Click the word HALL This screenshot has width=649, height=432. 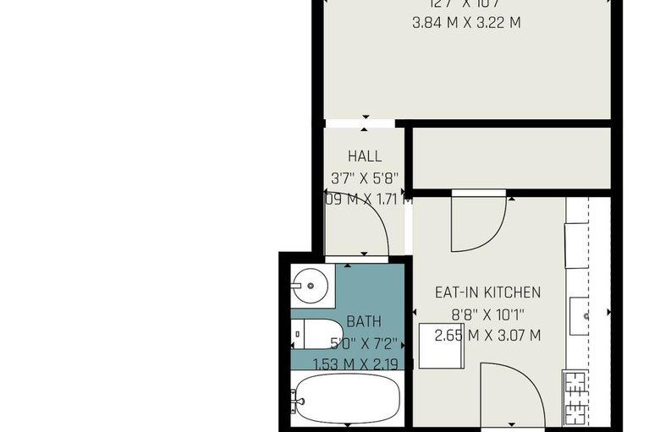pos(365,156)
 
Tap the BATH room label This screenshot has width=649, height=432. pos(364,321)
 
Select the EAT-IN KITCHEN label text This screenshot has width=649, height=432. pos(487,293)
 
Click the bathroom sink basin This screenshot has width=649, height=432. pos(311,286)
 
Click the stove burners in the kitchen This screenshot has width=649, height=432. pos(575,396)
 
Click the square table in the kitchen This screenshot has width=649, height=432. pos(439,348)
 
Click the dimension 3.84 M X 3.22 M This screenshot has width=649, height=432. pos(465,22)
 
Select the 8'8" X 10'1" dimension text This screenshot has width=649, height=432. pos(487,314)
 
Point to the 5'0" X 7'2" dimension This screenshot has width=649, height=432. pos(363,343)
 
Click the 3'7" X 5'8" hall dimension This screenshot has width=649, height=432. pos(365,178)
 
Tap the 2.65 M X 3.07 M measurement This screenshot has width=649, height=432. pos(487,336)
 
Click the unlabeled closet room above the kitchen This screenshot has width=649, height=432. pos(510,157)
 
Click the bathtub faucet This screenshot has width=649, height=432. pos(296,398)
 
